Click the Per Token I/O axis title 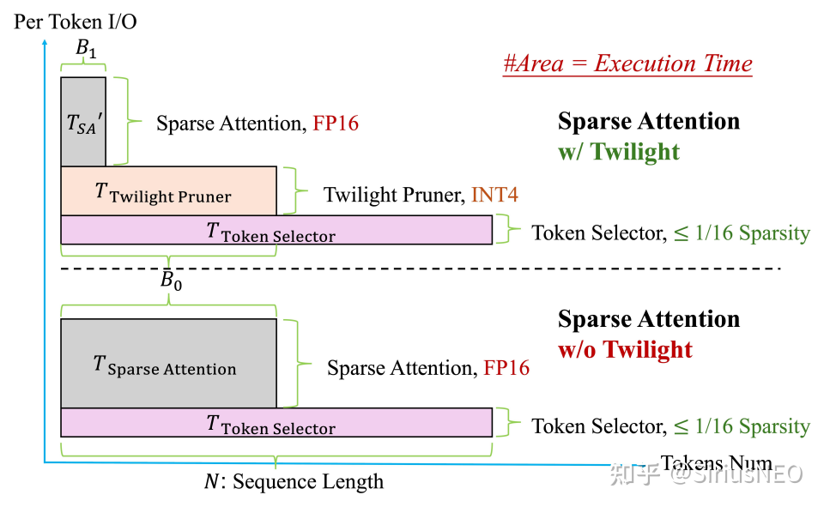(x=76, y=21)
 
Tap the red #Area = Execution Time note (x=627, y=63)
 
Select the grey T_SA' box (x=83, y=122)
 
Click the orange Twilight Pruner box (x=168, y=190)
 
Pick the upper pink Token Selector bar (x=276, y=230)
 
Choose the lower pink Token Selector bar (x=276, y=423)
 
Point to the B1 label (x=86, y=49)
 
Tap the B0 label (x=171, y=282)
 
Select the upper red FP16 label (x=336, y=124)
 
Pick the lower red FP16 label (x=506, y=368)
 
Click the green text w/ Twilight (x=618, y=152)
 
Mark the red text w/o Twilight (x=625, y=349)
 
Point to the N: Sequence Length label (x=294, y=481)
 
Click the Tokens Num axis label (x=717, y=464)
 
